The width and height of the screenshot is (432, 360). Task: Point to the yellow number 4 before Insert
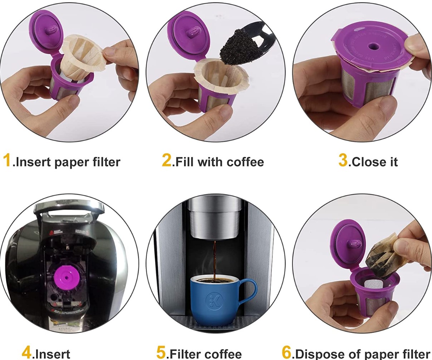coord(26,352)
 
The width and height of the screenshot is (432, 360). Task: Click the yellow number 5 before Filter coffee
coord(161,352)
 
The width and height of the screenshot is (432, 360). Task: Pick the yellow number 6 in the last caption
coord(286,352)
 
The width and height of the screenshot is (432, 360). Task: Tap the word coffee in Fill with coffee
coord(245,162)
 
